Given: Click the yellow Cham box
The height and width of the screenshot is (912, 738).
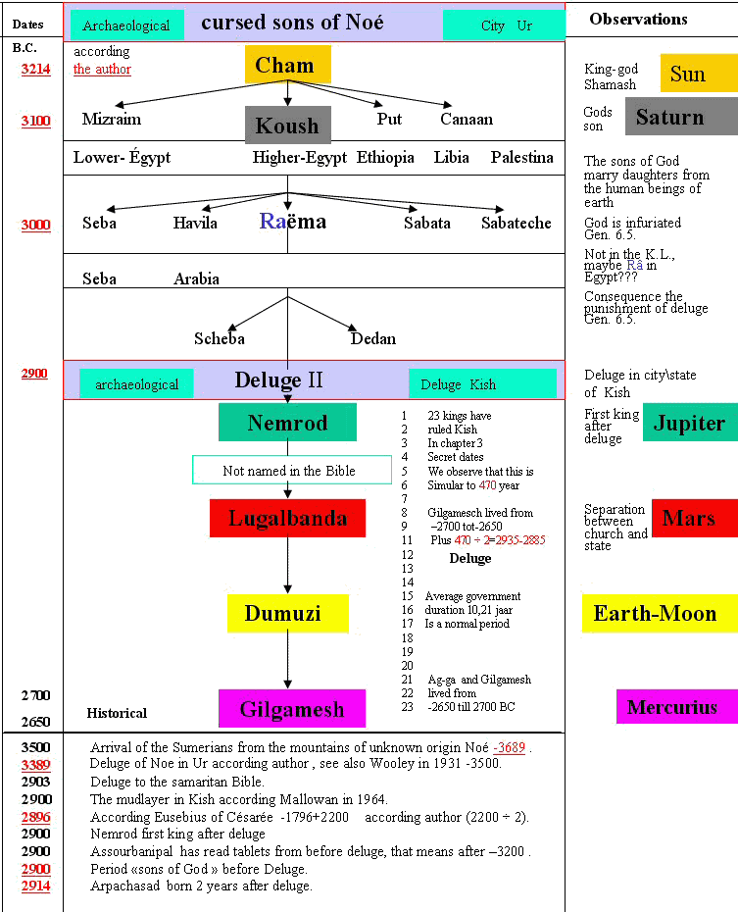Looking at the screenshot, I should click(x=287, y=65).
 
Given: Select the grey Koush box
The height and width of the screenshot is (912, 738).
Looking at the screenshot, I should click(x=287, y=126).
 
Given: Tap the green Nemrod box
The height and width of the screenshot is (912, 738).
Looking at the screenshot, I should click(x=287, y=423).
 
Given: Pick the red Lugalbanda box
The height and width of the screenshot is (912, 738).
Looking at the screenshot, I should click(x=287, y=518).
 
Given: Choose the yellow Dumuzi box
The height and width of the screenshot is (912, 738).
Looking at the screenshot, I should click(x=287, y=613).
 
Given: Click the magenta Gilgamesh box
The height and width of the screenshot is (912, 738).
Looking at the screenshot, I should click(x=291, y=708).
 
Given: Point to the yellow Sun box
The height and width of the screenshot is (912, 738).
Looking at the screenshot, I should click(x=698, y=74).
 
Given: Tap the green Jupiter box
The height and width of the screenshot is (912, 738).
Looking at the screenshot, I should click(x=689, y=423).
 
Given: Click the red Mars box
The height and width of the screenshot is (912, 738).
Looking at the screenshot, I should click(x=694, y=518).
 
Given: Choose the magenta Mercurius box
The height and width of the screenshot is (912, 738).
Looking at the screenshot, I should click(x=676, y=707).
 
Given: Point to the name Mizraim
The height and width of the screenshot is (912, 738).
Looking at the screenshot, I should click(x=112, y=119).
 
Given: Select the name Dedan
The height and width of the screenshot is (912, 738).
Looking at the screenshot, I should click(x=373, y=338).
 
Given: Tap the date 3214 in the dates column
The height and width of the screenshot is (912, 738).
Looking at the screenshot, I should click(x=36, y=70).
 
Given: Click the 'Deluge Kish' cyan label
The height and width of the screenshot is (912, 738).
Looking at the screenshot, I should click(x=482, y=383).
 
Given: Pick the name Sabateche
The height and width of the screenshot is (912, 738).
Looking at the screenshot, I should click(x=517, y=223).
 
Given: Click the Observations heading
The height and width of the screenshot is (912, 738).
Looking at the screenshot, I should click(x=638, y=19).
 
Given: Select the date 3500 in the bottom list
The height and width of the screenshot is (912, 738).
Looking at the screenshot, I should click(x=36, y=747).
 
